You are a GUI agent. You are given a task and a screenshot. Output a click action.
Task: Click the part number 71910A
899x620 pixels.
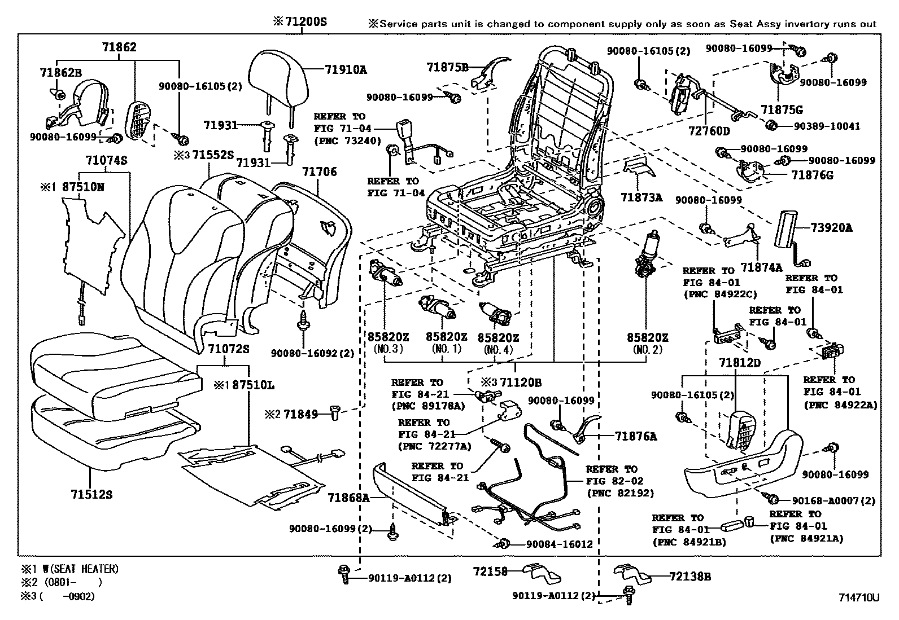346,70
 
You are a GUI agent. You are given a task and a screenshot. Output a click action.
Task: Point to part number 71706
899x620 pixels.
319,172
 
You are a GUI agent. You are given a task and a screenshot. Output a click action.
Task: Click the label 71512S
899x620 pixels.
91,495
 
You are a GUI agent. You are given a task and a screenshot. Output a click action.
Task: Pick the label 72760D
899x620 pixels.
709,131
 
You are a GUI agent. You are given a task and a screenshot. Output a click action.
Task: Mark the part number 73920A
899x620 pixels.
831,228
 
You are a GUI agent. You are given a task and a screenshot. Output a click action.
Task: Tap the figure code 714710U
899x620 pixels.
858,597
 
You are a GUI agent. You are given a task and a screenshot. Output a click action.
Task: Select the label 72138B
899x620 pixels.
689,577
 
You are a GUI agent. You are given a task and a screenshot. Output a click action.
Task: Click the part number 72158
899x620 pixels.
490,571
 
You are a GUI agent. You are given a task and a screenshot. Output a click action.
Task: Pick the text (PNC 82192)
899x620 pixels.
620,493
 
